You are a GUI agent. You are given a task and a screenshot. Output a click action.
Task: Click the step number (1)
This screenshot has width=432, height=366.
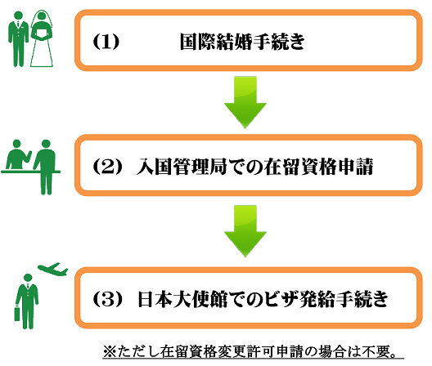pyautogui.click(x=106, y=42)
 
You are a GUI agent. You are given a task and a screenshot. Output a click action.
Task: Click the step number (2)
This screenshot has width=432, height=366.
pyautogui.click(x=107, y=166)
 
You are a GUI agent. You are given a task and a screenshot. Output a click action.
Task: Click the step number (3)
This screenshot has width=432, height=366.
pyautogui.click(x=107, y=299)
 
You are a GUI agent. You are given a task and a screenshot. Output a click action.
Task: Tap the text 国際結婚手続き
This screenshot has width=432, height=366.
pyautogui.click(x=242, y=42)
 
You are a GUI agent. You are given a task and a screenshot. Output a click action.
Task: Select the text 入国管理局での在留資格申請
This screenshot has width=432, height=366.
pyautogui.click(x=254, y=167)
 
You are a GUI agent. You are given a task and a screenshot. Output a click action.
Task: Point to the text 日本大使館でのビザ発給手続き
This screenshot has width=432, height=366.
pyautogui.click(x=263, y=299)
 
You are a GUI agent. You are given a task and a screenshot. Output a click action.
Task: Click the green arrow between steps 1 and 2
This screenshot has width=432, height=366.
pyautogui.click(x=245, y=102)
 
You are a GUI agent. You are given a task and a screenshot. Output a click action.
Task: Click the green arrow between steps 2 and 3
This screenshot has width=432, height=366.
pyautogui.click(x=245, y=231)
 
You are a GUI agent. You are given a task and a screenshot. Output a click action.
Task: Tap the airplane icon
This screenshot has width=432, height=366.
pyautogui.click(x=53, y=269)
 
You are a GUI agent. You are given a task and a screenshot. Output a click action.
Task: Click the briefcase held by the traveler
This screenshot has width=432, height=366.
pyautogui.click(x=17, y=313)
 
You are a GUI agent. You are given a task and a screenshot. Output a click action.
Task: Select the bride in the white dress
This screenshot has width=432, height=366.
pyautogui.click(x=42, y=38)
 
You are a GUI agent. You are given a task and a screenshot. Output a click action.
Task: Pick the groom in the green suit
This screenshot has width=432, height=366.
pyautogui.click(x=18, y=39)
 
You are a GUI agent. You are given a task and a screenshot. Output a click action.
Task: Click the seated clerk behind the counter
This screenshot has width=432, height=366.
pyautogui.click(x=18, y=154)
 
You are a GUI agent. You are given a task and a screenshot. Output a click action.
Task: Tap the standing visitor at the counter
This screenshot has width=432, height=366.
pyautogui.click(x=45, y=167)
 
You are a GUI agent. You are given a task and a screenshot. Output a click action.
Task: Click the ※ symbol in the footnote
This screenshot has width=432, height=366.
pyautogui.click(x=110, y=351)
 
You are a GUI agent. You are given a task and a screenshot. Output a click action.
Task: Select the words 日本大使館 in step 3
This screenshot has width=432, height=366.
pyautogui.click(x=182, y=299)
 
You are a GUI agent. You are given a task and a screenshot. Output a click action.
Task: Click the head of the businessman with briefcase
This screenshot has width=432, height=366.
pyautogui.click(x=28, y=279)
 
